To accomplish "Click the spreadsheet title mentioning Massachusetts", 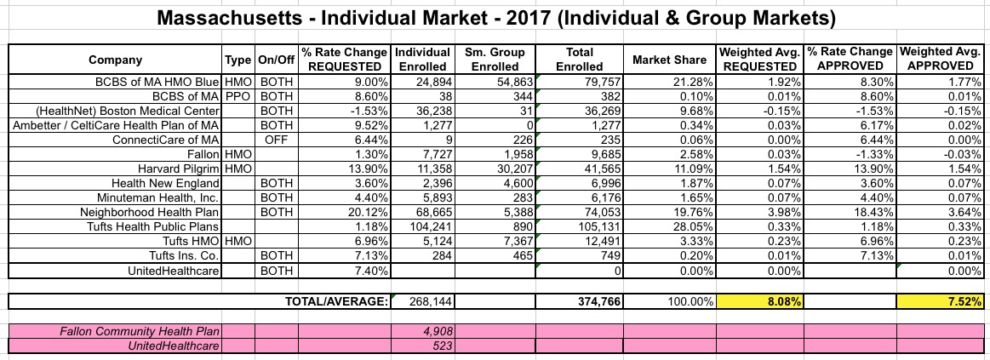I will coord(495,17).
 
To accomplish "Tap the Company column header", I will coord(115,60).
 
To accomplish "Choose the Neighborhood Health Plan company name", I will coord(149,211).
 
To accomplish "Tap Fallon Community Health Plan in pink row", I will coord(118,331).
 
